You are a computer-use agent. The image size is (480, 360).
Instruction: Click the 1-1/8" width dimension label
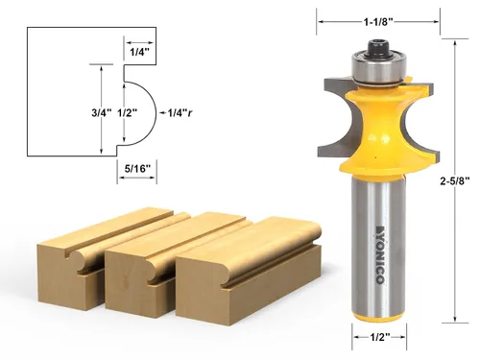(378, 22)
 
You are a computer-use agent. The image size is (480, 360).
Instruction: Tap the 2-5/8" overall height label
(455, 181)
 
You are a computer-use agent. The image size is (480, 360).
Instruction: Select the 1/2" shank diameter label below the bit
(380, 337)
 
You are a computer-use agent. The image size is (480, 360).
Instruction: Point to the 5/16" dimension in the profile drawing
(137, 168)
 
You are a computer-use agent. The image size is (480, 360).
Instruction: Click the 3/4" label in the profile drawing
(102, 112)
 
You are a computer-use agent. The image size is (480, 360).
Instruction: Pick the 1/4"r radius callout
(180, 112)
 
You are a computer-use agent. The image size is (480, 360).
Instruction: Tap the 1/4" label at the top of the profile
(139, 52)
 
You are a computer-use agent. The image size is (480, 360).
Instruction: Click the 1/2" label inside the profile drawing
(127, 112)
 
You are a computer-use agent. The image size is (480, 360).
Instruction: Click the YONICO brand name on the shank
(380, 254)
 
